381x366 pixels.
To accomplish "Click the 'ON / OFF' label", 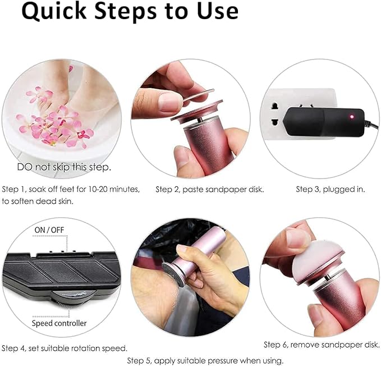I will tap(49, 230).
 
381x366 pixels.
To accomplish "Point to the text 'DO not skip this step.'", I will tap(63, 167).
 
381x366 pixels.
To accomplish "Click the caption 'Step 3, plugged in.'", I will tap(330, 189).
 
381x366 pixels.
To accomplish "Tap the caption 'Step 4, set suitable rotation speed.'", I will tap(64, 348).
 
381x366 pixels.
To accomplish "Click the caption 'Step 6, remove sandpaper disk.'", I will tap(322, 344).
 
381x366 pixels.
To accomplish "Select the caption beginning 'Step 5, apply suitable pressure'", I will tap(205, 360).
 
